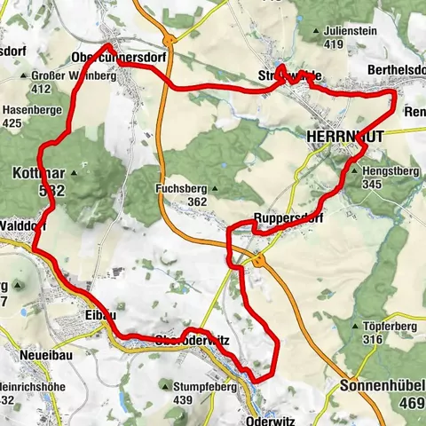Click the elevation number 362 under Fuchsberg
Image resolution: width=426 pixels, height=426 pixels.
click(x=197, y=201)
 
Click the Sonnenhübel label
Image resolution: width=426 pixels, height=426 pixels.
click(x=383, y=387)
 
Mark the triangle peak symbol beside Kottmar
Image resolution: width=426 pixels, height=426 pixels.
click(x=74, y=173)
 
